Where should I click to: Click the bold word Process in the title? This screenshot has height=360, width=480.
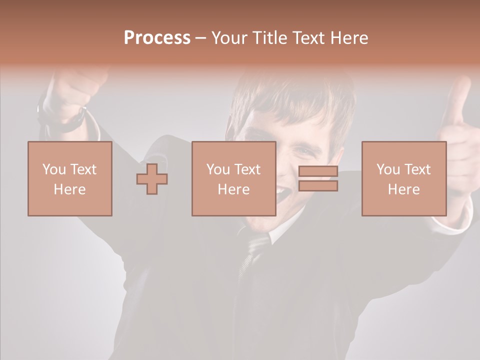157,38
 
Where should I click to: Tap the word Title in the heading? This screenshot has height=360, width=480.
268,38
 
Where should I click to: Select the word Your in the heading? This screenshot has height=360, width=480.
230,38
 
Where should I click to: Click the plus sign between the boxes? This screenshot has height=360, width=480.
152,179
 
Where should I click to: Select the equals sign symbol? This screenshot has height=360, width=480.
318,178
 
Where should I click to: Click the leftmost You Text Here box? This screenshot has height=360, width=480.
70,179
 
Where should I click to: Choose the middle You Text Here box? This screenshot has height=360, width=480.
234,179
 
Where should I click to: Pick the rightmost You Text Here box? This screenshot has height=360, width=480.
404,179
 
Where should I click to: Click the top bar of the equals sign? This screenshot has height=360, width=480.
318,171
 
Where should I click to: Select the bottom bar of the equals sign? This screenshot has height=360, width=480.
318,186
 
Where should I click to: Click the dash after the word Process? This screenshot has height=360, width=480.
201,38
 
